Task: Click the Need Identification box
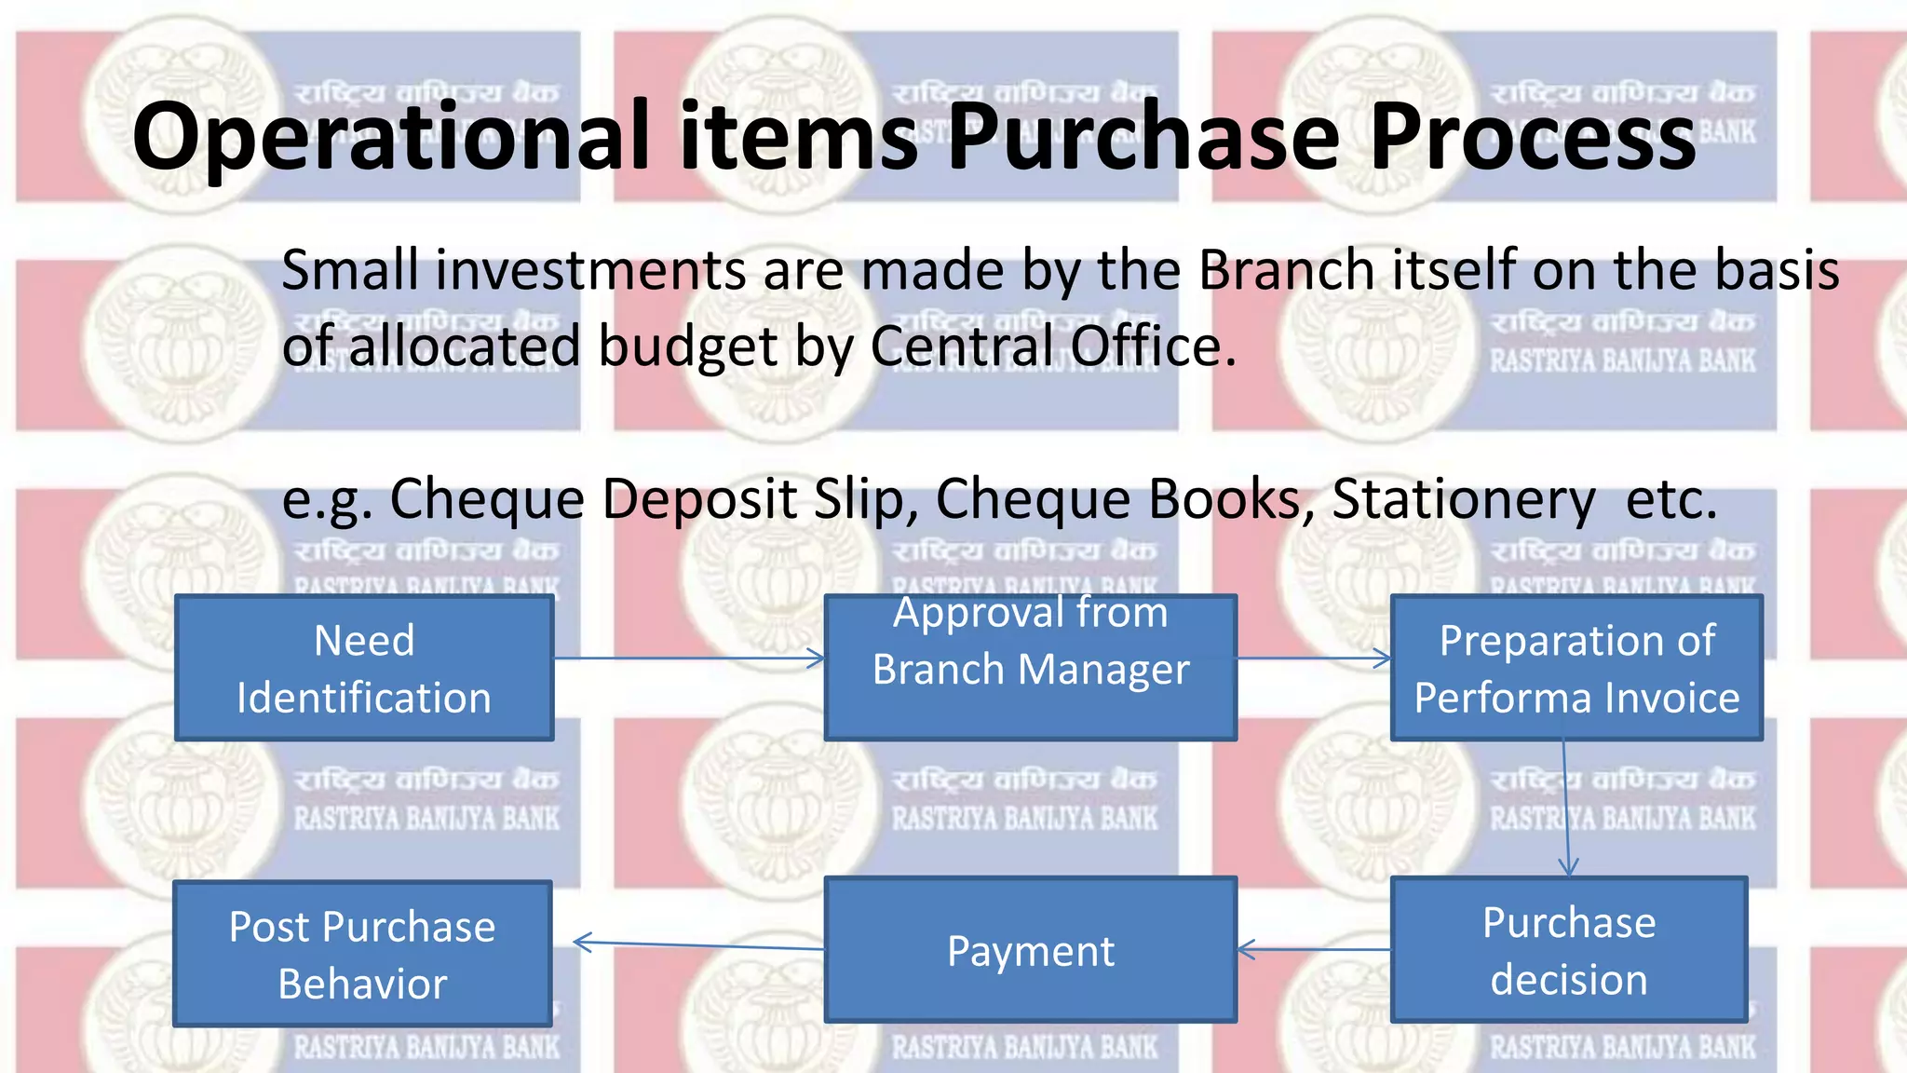[364, 669]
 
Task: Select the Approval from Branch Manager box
[1030, 667]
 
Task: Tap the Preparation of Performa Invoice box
[1576, 669]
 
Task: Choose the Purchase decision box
[1568, 950]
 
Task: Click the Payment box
[1030, 950]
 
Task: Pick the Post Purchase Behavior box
[362, 955]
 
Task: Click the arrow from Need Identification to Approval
[689, 659]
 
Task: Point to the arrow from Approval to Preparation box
[1314, 659]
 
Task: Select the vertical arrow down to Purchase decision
[1566, 808]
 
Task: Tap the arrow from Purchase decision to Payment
[1314, 950]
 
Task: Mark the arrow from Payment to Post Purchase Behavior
[698, 946]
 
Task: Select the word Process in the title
[1533, 137]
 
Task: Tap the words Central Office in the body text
[1052, 346]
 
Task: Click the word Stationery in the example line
[1464, 499]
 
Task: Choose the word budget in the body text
[687, 346]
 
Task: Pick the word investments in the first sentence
[589, 270]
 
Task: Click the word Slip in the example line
[866, 499]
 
